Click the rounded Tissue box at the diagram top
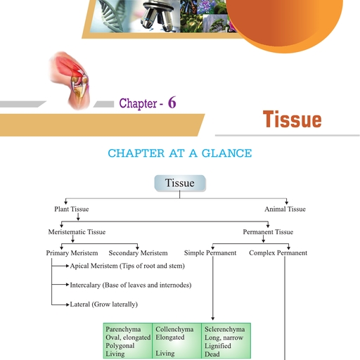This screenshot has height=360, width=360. coord(179,184)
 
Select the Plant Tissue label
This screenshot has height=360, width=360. coord(72,209)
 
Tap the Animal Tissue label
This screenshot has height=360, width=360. coord(285,209)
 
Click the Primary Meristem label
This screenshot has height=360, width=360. coord(72,253)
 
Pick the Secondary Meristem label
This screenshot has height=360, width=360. coord(138,253)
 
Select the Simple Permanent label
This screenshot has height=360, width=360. coord(210,253)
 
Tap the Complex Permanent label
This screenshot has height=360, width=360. coord(278,253)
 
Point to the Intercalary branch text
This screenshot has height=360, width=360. coord(131,285)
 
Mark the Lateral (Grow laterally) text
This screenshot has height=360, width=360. coord(104,304)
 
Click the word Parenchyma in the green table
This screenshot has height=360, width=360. coord(123,329)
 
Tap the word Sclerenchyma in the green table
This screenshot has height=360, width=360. coord(225,329)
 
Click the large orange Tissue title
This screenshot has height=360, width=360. coord(292,120)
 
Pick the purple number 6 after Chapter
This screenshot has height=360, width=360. coord(172,103)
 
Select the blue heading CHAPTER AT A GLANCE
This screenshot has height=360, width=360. coord(179,153)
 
